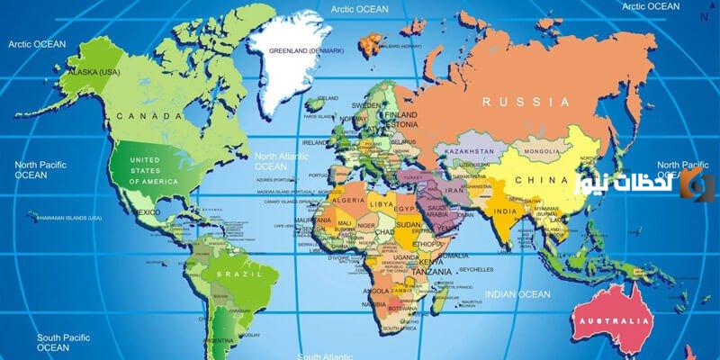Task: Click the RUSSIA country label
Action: [526, 102]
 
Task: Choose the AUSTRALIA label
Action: [614, 320]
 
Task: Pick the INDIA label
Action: [504, 212]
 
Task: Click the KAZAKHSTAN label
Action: [469, 151]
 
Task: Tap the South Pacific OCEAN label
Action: [53, 342]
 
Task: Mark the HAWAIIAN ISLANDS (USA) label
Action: [67, 217]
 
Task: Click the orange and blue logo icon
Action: [697, 184]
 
